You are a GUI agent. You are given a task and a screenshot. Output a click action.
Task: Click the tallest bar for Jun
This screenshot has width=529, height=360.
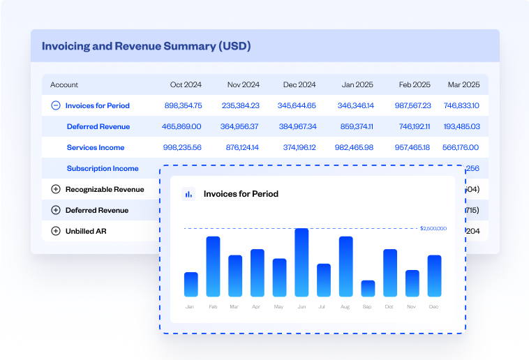coord(301,262)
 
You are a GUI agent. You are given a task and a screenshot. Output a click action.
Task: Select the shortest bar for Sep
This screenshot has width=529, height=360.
coord(368,288)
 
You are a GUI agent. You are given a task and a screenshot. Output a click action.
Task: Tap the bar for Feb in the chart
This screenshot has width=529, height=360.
coord(213,267)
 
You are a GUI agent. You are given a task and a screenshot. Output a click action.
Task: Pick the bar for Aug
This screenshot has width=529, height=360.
coord(345,267)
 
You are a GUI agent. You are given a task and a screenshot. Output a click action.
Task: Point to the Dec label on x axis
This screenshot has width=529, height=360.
coord(434,307)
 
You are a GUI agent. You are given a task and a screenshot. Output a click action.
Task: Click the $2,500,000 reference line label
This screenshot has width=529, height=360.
coord(433,228)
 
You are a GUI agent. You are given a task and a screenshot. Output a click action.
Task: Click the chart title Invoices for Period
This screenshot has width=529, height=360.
coord(241,194)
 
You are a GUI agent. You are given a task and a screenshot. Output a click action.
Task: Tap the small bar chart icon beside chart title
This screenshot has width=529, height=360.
coord(188,194)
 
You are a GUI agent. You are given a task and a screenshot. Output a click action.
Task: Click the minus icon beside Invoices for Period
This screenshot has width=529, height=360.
coord(56,105)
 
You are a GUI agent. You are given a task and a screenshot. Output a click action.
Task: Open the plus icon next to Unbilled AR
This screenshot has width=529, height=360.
coord(56,231)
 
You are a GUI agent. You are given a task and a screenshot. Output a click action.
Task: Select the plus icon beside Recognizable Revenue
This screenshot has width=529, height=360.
coord(56,189)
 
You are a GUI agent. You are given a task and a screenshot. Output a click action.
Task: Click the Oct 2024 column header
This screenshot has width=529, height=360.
coord(186,84)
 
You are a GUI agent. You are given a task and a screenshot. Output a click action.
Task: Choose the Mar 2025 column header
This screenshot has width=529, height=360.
coord(463,84)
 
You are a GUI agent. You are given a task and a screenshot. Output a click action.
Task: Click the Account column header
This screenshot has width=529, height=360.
coord(64,84)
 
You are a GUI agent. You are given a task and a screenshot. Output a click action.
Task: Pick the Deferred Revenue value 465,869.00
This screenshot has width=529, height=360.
coord(181,126)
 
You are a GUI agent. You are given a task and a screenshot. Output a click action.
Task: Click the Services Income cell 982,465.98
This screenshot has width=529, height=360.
coord(354,147)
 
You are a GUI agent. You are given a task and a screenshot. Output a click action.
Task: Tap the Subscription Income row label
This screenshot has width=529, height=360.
coord(103,168)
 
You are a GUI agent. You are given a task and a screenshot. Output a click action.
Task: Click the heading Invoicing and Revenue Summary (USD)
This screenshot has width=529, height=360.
coord(146,46)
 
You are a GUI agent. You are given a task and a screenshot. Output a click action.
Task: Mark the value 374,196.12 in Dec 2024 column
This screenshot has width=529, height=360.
coord(297,147)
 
